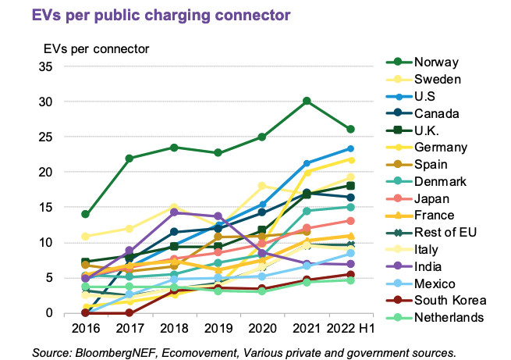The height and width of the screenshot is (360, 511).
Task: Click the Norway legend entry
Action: [x=438, y=62]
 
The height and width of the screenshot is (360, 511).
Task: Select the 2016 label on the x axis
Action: [x=85, y=328]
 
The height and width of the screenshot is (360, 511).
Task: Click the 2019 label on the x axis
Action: [x=218, y=328]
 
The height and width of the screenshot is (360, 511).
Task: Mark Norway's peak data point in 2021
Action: [x=307, y=101]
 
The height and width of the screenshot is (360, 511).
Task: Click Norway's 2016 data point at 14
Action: [x=85, y=214]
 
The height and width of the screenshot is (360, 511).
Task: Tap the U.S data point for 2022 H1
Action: [x=351, y=148]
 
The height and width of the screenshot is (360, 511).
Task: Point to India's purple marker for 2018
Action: [x=174, y=212]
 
